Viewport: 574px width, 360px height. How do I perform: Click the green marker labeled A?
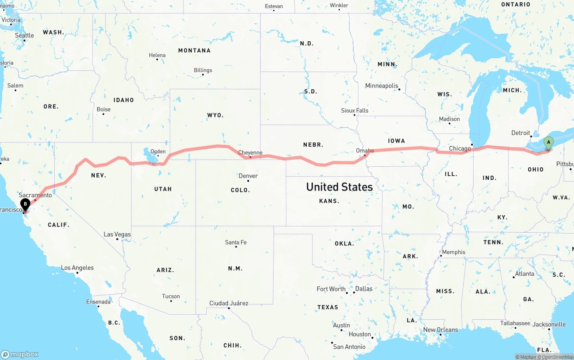pos(548,143)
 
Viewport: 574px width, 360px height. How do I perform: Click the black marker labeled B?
pos(26,204)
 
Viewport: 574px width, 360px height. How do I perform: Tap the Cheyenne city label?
pos(250,152)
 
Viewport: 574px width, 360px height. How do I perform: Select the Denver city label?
pos(248,176)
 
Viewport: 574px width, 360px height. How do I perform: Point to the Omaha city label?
pos(364,151)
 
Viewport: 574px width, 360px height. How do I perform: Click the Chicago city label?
pos(460,148)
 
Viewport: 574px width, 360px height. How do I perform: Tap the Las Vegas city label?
pos(117,234)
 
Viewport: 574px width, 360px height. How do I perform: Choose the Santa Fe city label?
pos(235,243)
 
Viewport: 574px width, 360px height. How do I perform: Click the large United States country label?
pos(339,187)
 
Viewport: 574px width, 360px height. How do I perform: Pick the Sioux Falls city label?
pos(355,110)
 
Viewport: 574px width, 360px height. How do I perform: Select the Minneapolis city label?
pos(382,86)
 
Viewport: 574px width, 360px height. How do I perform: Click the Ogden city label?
pos(158,152)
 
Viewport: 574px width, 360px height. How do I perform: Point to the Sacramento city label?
pos(35,195)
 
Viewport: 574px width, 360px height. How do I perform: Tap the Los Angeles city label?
pos(77,268)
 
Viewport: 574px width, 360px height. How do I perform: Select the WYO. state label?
pos(215,115)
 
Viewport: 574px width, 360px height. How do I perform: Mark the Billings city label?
pos(203,70)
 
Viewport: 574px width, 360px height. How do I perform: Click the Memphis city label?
pos(453,252)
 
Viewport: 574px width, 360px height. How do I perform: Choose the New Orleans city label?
pos(440,330)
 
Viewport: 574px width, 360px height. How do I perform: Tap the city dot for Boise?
pos(103,114)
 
